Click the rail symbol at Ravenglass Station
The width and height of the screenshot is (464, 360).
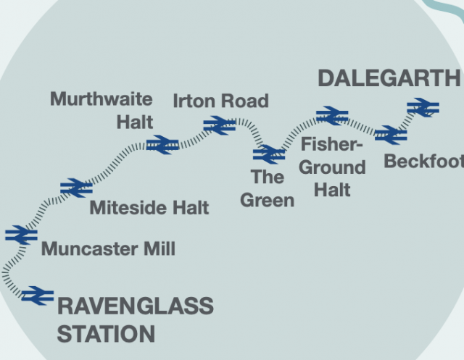coord(38,296)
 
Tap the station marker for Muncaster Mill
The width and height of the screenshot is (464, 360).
coord(21,235)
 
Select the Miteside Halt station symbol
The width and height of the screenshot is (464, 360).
coord(76,188)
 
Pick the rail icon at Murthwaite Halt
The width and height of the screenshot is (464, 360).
coord(162,145)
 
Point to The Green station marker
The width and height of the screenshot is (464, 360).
coord(269,154)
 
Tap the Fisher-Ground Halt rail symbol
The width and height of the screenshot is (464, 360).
coord(333,116)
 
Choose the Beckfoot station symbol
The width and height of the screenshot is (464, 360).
coord(391,135)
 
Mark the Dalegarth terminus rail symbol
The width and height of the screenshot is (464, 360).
coord(423,108)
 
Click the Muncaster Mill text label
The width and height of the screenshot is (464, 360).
coord(108,250)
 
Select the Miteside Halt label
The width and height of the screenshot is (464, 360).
coord(149,209)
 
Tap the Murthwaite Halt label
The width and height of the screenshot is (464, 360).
coord(101,110)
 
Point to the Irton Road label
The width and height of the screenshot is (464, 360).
coord(220,101)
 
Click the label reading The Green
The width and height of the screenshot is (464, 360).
coord(267,188)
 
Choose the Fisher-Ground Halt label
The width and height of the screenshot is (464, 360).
coord(332,167)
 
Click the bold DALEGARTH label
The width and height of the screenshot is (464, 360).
coord(389,78)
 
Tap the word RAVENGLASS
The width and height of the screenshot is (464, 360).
coord(135,306)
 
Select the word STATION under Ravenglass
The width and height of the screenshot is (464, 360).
coord(106,335)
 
